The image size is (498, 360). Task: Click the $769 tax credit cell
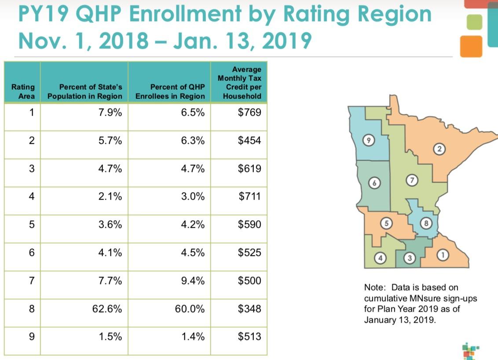[x=249, y=113]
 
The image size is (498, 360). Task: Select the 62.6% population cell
[x=107, y=309]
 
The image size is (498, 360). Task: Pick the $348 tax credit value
[x=249, y=309]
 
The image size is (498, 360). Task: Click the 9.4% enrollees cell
[x=193, y=280]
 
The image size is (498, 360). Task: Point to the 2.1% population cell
[x=110, y=196]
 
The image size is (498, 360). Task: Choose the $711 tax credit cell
[x=249, y=196]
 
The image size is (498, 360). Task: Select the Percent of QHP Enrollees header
[x=170, y=92]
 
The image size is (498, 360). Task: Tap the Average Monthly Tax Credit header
[x=239, y=83]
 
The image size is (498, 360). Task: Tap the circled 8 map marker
[x=425, y=224]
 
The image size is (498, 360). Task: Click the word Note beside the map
[x=374, y=287]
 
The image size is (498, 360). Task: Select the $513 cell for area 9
[x=249, y=336]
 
